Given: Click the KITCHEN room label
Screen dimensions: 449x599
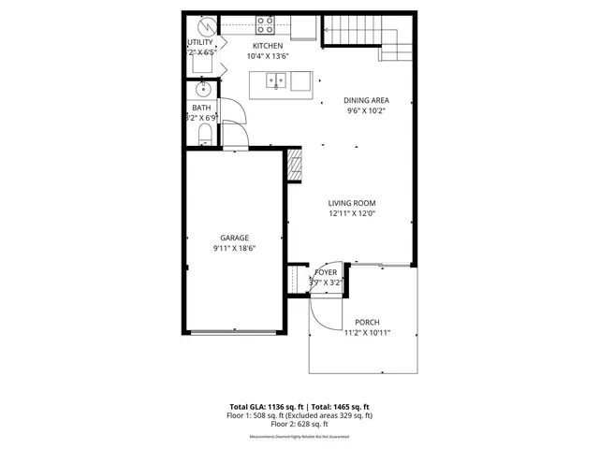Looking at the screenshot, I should pos(268,46).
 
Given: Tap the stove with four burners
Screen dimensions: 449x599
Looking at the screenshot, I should pos(266,25).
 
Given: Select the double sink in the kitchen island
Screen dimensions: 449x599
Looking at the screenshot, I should pos(276,81).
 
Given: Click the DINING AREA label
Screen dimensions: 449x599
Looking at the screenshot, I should pos(365,100).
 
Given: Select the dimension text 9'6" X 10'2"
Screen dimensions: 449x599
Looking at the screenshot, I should pos(365,111).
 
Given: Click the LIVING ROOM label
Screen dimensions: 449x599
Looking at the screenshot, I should pos(352,203).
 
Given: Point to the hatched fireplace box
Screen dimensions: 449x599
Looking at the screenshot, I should pos(295,165).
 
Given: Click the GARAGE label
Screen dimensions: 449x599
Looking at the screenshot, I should pos(234,238).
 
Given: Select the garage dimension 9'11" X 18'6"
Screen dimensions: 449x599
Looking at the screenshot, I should pos(234,248).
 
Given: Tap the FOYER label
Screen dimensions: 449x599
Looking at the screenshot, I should pos(326,272).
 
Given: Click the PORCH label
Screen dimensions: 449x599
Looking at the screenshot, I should pos(366,322).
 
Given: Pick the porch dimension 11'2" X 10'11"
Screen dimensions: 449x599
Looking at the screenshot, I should pos(366,332).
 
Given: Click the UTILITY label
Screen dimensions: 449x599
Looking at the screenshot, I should pos(200,42).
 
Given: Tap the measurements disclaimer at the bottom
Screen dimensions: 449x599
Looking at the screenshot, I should pos(299,437).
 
